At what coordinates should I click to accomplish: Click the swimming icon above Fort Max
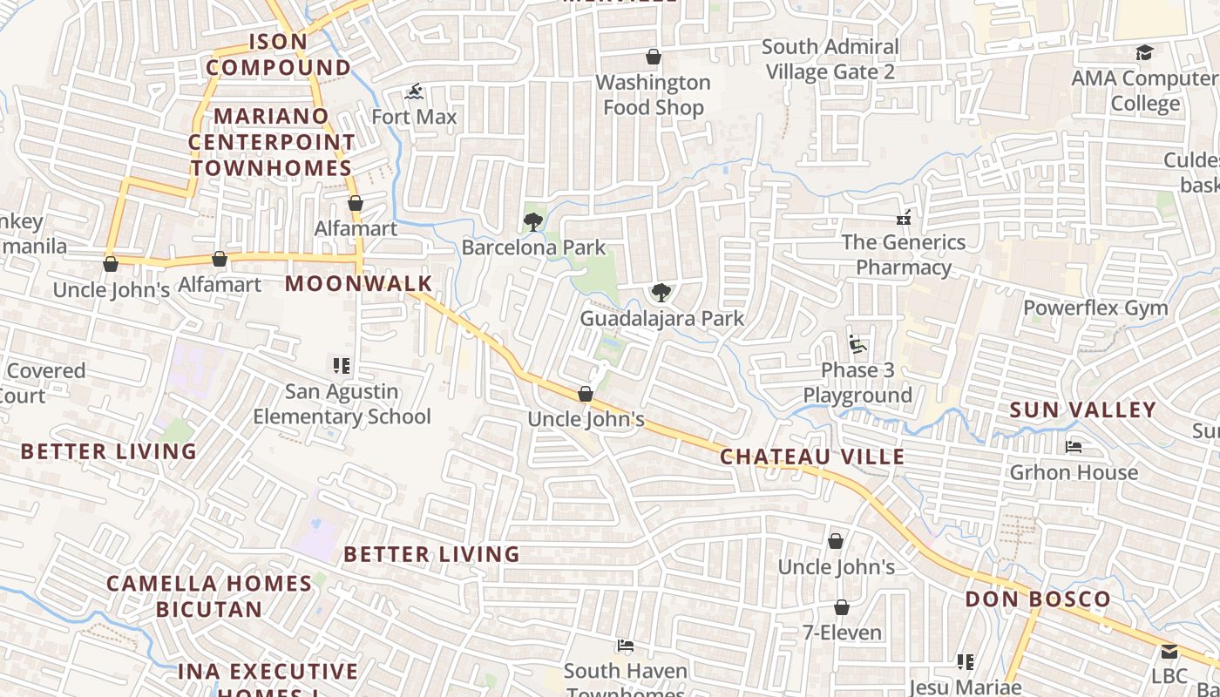(x=415, y=91)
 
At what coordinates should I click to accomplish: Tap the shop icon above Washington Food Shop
(x=654, y=58)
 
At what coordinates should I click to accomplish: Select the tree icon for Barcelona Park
(x=532, y=222)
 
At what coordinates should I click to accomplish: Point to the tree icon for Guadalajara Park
(x=661, y=293)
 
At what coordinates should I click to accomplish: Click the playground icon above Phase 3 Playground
(x=857, y=344)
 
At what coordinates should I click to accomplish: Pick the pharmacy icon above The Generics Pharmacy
(x=904, y=217)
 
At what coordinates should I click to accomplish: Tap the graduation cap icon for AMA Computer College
(x=1144, y=53)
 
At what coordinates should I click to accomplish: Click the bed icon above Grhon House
(x=1074, y=447)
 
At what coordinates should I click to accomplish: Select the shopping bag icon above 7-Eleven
(x=842, y=607)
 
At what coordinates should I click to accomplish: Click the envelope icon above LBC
(x=1169, y=652)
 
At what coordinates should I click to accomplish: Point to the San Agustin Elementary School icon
(x=341, y=366)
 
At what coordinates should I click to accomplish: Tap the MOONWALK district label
(x=359, y=283)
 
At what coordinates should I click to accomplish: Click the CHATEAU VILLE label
(x=812, y=457)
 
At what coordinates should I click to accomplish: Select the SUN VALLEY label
(x=1083, y=409)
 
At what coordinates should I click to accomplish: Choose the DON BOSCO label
(x=1038, y=599)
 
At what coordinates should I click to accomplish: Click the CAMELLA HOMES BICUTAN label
(x=209, y=596)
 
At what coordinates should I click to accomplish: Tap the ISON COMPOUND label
(x=279, y=54)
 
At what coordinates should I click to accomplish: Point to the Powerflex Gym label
(x=1095, y=308)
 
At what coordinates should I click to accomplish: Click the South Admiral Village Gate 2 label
(x=830, y=59)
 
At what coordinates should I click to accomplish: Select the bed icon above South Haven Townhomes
(x=625, y=646)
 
